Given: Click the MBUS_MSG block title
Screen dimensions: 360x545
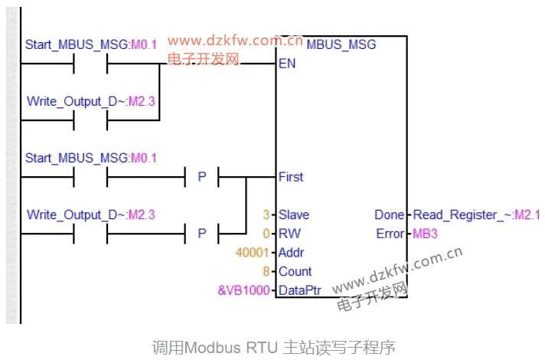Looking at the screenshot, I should click(x=341, y=44).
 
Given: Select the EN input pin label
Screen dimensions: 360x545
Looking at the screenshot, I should click(x=287, y=64).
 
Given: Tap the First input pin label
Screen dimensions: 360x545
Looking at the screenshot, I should click(x=291, y=177).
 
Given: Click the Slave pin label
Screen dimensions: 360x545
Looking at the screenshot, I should click(x=294, y=215).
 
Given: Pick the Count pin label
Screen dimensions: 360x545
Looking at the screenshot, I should click(x=295, y=271).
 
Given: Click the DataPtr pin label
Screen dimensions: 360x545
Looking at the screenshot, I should click(x=299, y=290).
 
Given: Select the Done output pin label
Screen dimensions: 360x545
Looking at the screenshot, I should click(x=389, y=215).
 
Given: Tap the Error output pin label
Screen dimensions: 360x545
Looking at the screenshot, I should click(x=390, y=234).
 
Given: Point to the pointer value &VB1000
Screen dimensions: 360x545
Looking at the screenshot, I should click(x=245, y=290).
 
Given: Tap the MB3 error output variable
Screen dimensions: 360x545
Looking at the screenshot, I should click(x=425, y=234).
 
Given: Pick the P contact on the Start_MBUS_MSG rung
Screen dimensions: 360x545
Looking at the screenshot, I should click(x=202, y=177).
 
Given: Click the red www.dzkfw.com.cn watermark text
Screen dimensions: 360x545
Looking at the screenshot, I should click(x=235, y=41).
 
